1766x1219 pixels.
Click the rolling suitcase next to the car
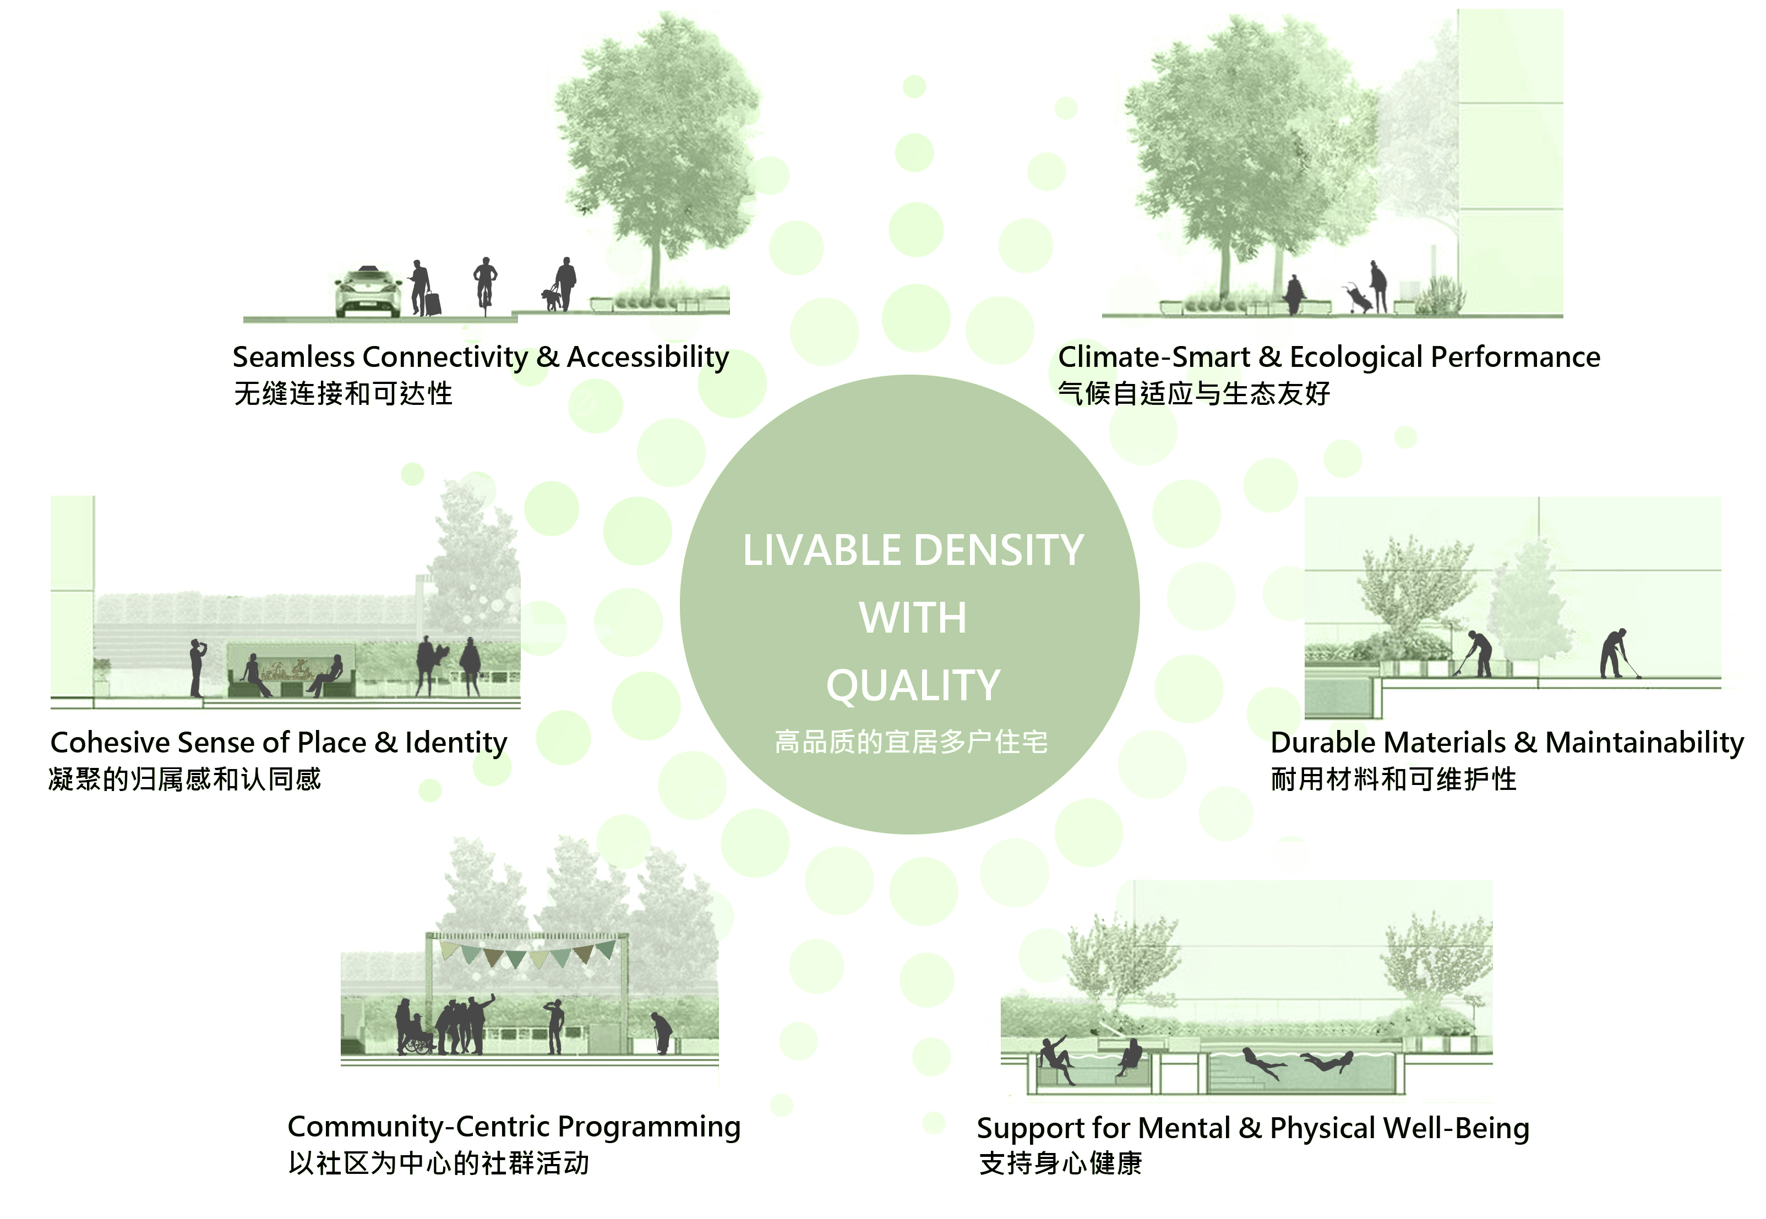pyautogui.click(x=433, y=303)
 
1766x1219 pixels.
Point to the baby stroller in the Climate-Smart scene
pyautogui.click(x=1358, y=298)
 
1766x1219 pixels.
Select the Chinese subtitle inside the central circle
pyautogui.click(x=911, y=742)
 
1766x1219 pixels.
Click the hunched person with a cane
pyautogui.click(x=661, y=1032)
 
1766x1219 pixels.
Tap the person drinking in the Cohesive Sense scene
pyautogui.click(x=197, y=667)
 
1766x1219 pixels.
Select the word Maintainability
pyautogui.click(x=1644, y=743)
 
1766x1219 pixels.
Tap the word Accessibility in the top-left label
pyautogui.click(x=647, y=356)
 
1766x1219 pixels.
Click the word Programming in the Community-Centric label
pyautogui.click(x=649, y=1127)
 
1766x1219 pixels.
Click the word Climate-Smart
pyautogui.click(x=1154, y=356)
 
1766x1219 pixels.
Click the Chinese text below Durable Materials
pyautogui.click(x=1393, y=779)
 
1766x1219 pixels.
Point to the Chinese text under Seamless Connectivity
pyautogui.click(x=343, y=393)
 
